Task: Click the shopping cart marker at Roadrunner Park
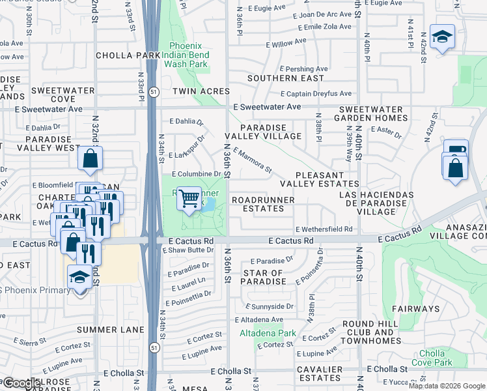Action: (189, 198)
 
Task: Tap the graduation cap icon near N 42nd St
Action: (442, 38)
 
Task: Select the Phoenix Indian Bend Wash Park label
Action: (188, 55)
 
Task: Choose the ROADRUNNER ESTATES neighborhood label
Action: (258, 204)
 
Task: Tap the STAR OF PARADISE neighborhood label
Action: (264, 277)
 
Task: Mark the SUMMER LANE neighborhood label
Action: (110, 330)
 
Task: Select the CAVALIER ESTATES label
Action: (320, 373)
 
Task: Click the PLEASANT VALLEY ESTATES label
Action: (327, 180)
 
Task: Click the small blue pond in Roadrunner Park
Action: (210, 205)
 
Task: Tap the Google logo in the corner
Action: (21, 383)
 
